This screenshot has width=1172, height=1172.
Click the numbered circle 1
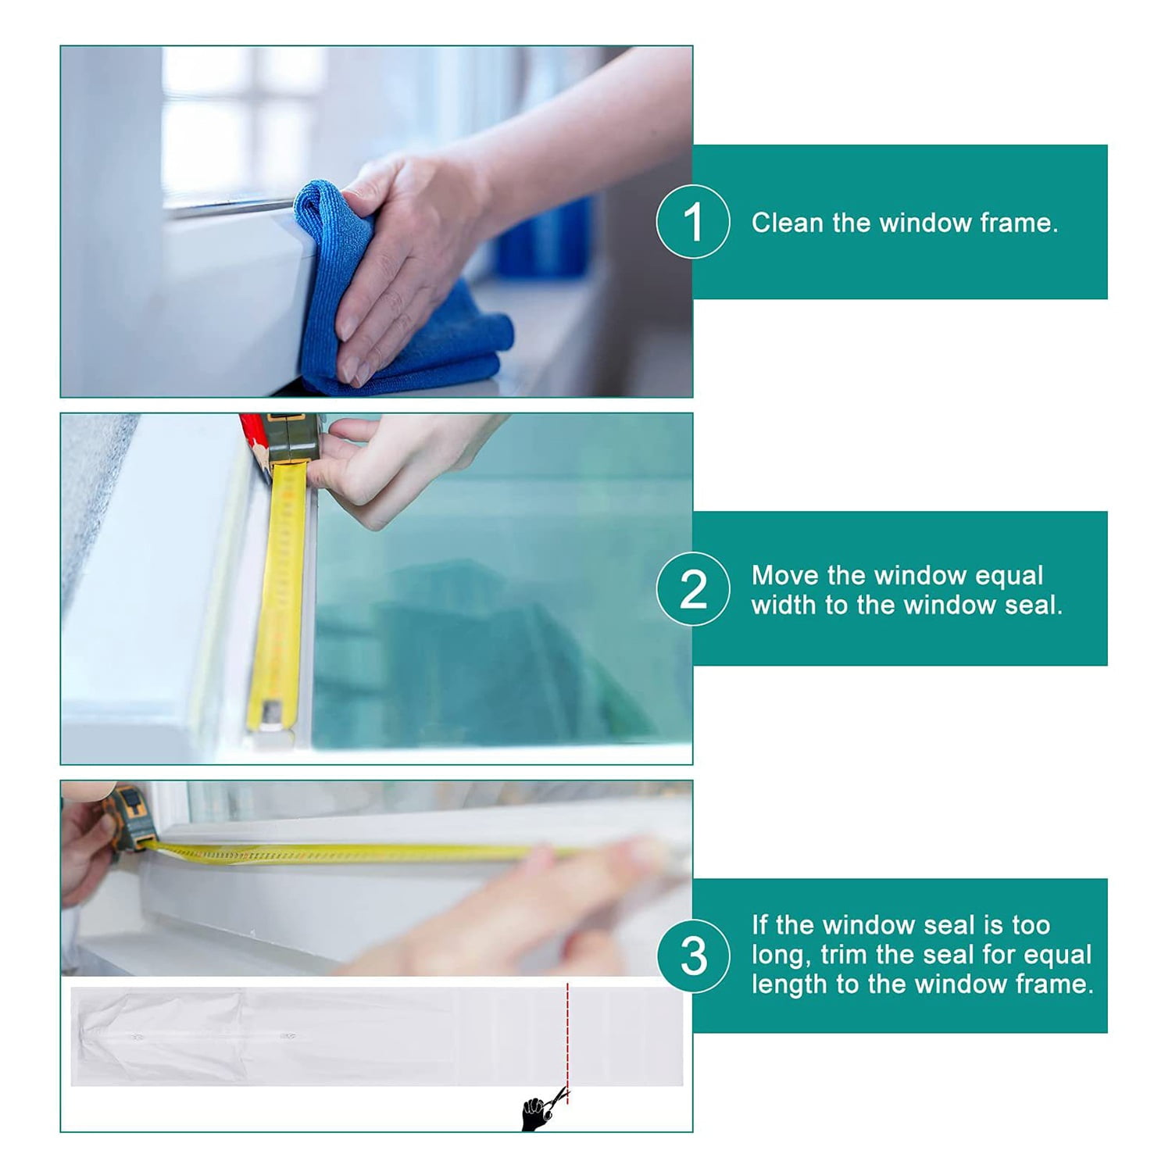[x=693, y=222]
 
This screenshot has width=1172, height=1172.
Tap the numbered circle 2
[x=693, y=589]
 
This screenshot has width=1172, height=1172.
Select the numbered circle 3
[x=693, y=956]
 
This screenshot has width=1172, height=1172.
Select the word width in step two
[x=784, y=605]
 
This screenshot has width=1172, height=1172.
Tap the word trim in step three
[x=844, y=955]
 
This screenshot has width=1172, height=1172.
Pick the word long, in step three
[x=781, y=955]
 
